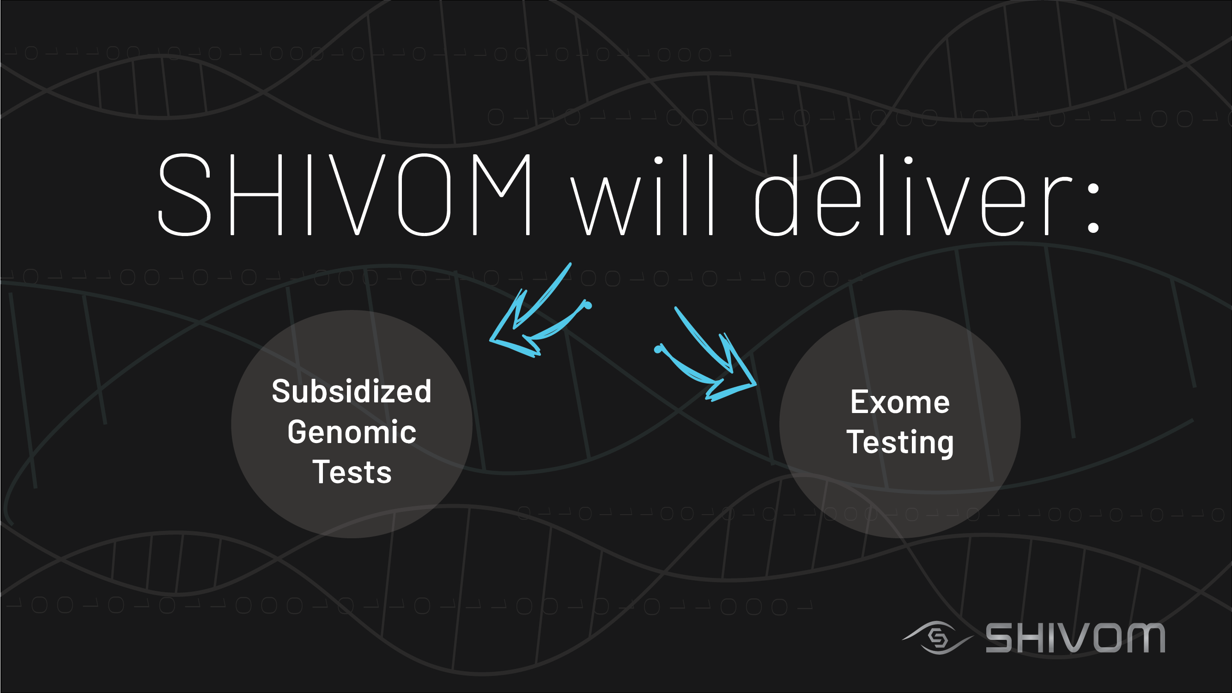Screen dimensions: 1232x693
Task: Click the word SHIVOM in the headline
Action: tap(344, 195)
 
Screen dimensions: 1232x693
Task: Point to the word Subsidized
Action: tap(352, 391)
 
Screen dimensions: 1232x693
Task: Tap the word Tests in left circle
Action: tap(352, 472)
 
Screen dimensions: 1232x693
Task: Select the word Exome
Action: tap(899, 402)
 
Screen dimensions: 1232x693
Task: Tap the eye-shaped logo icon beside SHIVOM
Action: tap(937, 638)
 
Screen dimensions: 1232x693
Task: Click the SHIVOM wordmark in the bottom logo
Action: tap(1075, 638)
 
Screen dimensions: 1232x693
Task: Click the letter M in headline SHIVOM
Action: tap(502, 195)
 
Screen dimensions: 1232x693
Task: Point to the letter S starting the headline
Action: tap(184, 195)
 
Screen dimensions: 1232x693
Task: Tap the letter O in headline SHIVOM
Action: tap(424, 195)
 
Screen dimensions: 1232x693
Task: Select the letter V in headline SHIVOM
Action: tap(357, 195)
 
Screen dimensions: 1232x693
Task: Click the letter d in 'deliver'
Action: tap(776, 195)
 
